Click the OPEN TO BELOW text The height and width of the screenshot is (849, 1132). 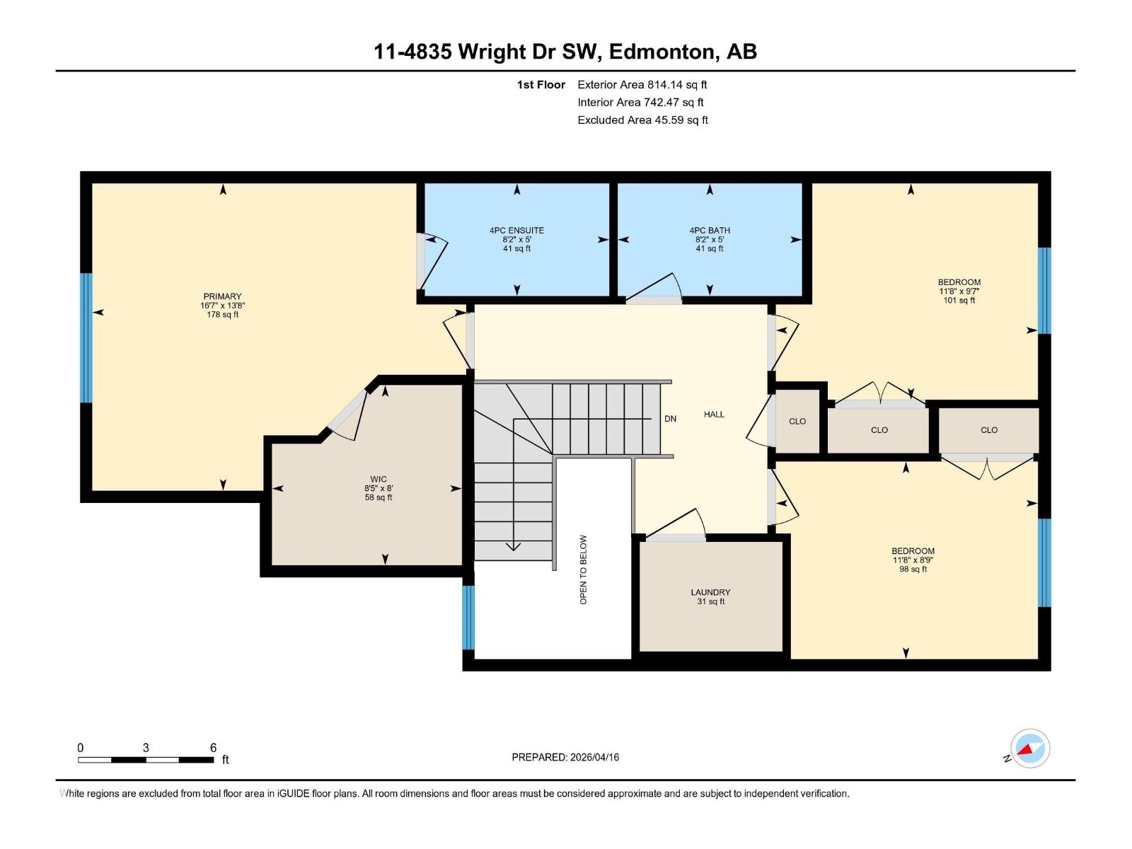coord(584,570)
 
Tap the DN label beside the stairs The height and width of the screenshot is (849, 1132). coord(670,419)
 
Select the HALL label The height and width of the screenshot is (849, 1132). coord(714,415)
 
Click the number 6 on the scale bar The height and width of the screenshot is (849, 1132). coord(213,748)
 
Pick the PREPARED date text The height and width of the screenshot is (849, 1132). coord(565,757)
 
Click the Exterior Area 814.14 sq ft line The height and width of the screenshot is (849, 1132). coord(642,84)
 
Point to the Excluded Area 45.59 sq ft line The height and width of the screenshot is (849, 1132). coord(642,120)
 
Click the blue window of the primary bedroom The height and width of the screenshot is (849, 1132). coord(86,337)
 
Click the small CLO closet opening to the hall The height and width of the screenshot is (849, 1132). coord(797,421)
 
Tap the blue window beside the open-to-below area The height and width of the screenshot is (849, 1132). coord(468,617)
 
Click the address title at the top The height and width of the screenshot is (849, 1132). coord(565,52)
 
